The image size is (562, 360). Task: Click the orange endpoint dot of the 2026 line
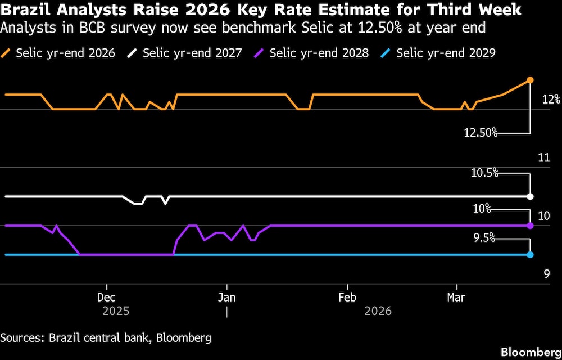[x=530, y=80]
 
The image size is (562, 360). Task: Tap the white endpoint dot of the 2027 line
[x=530, y=196]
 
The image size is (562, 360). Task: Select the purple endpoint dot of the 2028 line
[x=530, y=226]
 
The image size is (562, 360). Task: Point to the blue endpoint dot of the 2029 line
[x=530, y=255]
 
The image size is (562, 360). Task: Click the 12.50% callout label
[x=481, y=133]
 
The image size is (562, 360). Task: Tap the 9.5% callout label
[x=484, y=238]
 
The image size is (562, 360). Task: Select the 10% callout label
[x=482, y=209]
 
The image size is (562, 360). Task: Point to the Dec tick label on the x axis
[x=106, y=297]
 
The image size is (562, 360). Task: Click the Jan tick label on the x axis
[x=226, y=297]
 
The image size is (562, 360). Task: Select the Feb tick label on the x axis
[x=347, y=297]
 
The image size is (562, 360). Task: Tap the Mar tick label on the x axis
[x=456, y=297]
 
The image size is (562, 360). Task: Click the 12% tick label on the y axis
[x=551, y=100]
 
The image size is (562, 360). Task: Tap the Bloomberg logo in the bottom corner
[x=529, y=352]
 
